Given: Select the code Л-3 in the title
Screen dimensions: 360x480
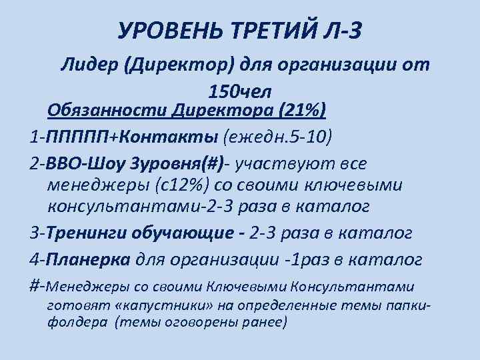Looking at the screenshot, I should point(349,29).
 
